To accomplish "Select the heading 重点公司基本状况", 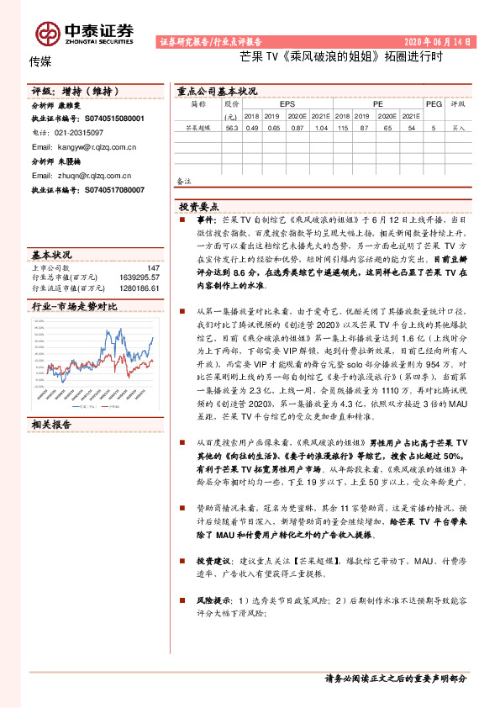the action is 217,91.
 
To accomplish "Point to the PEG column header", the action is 433,104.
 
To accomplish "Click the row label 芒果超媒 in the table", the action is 198,129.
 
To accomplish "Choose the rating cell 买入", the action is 458,129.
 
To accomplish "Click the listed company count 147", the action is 153,268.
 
